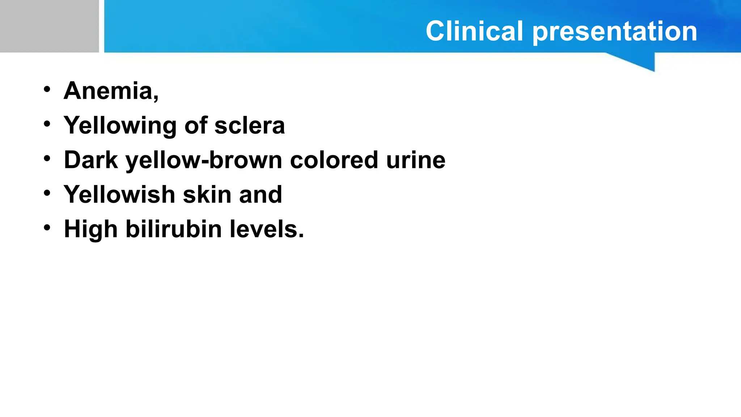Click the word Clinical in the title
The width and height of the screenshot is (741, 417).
pyautogui.click(x=474, y=31)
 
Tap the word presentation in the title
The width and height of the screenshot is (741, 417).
pyautogui.click(x=615, y=32)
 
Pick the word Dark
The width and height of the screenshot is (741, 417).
pyautogui.click(x=91, y=160)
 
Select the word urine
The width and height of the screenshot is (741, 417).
pyautogui.click(x=416, y=160)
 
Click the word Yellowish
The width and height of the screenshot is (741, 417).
pyautogui.click(x=119, y=194)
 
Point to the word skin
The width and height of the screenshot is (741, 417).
pyautogui.click(x=207, y=194)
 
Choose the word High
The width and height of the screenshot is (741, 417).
pyautogui.click(x=91, y=229)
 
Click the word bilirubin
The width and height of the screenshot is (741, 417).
pyautogui.click(x=173, y=229)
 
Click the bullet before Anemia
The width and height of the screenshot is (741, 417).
pyautogui.click(x=47, y=89)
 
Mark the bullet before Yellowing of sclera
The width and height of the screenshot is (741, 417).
pyautogui.click(x=47, y=124)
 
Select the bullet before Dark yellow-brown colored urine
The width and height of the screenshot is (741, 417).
pyautogui.click(x=47, y=159)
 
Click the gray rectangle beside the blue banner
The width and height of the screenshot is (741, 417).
pyautogui.click(x=49, y=26)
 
